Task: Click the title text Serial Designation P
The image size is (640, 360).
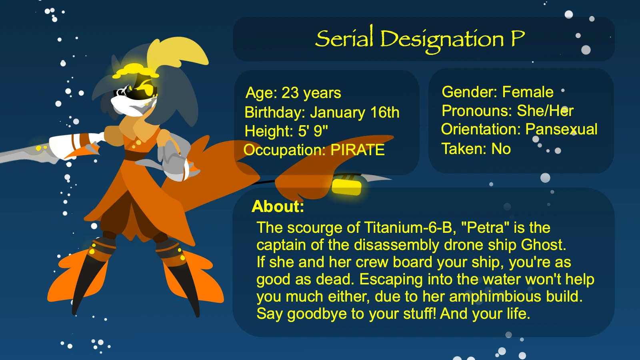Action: (x=420, y=40)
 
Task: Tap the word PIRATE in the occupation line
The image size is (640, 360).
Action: (x=358, y=150)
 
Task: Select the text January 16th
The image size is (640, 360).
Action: (x=354, y=112)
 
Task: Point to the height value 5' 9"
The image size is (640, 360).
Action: (x=313, y=131)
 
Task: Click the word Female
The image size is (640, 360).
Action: (x=528, y=92)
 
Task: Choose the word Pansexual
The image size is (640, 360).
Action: (x=562, y=129)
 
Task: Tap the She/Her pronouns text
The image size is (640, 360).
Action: (x=545, y=110)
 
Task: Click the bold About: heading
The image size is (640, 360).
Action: (x=278, y=206)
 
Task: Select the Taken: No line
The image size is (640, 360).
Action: (x=476, y=149)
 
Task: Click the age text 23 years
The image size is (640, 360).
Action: (x=312, y=93)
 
